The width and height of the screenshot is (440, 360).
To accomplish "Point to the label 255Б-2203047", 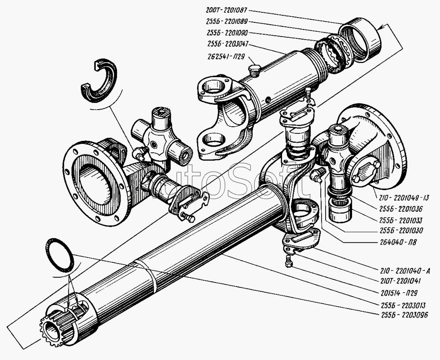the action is coord(228,44).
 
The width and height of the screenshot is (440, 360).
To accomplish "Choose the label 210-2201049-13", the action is coord(404,198).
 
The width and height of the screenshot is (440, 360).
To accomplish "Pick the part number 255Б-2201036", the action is coord(401,209).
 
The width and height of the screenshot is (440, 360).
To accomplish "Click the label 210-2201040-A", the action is coord(404,271).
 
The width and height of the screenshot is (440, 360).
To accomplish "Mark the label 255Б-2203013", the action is coord(403,305).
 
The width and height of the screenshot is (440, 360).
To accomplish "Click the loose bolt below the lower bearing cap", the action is coord(289,261).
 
